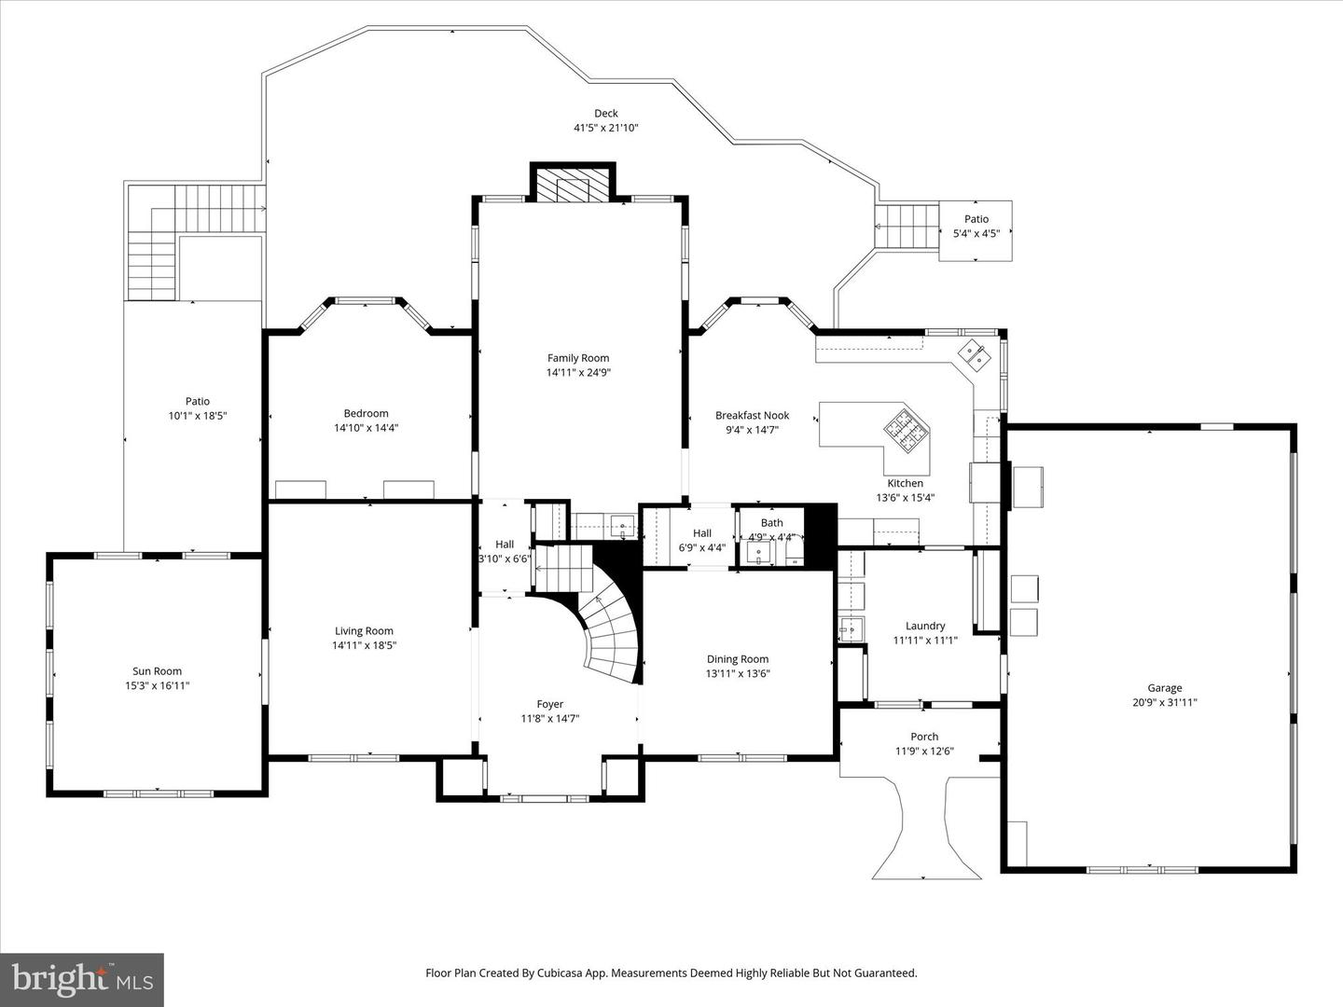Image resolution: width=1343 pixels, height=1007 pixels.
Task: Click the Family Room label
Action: [x=578, y=358]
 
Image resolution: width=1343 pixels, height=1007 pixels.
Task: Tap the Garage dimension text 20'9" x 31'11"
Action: [x=1164, y=702]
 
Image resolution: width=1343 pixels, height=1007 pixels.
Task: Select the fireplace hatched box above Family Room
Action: [x=573, y=183]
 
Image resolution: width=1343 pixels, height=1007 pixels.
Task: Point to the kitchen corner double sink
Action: [x=974, y=356]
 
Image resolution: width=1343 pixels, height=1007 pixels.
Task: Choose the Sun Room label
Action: [x=158, y=671]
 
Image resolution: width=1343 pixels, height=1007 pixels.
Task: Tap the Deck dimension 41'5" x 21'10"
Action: [x=605, y=128]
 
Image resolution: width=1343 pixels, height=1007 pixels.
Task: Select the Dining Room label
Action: [x=738, y=659]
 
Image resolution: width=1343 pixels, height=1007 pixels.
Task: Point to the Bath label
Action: [x=771, y=523]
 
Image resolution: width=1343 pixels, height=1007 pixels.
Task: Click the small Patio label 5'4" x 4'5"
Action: [x=976, y=227]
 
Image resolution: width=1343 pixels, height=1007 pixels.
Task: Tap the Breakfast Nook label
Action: [x=752, y=416]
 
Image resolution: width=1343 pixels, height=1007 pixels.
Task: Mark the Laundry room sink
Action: [x=851, y=628]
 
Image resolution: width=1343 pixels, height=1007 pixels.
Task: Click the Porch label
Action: [x=924, y=737]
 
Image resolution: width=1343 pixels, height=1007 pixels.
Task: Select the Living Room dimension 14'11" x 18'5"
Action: [x=364, y=645]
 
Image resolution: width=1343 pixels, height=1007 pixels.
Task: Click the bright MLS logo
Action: [x=82, y=979]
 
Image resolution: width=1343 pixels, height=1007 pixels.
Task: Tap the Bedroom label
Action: [x=366, y=413]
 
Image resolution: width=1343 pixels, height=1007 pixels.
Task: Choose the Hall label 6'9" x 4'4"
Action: [x=701, y=541]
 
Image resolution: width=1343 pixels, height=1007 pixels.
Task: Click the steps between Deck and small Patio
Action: [x=907, y=227]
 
